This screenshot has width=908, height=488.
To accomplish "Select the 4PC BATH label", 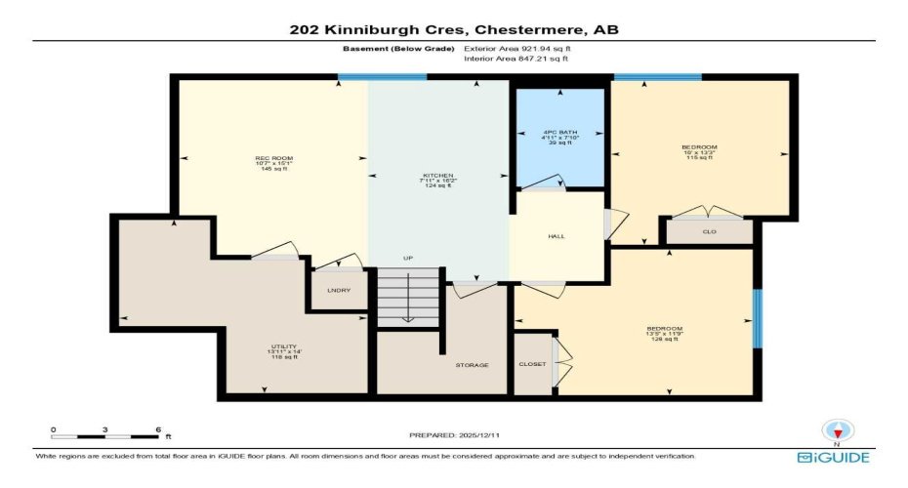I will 559,132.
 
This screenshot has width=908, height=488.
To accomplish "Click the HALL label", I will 557,236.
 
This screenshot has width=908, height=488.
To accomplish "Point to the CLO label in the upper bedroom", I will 709,232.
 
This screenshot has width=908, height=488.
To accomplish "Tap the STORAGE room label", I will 472,365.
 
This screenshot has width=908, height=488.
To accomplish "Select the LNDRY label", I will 338,291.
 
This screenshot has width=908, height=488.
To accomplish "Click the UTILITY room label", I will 283,346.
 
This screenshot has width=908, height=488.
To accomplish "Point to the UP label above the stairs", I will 408,258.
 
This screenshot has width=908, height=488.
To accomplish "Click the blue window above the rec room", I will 382,77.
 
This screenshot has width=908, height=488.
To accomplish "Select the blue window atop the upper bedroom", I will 657,77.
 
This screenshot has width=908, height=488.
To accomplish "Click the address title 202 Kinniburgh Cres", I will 453,29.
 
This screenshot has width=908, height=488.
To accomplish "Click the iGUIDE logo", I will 833,457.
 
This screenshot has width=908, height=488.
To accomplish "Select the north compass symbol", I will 836,429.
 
